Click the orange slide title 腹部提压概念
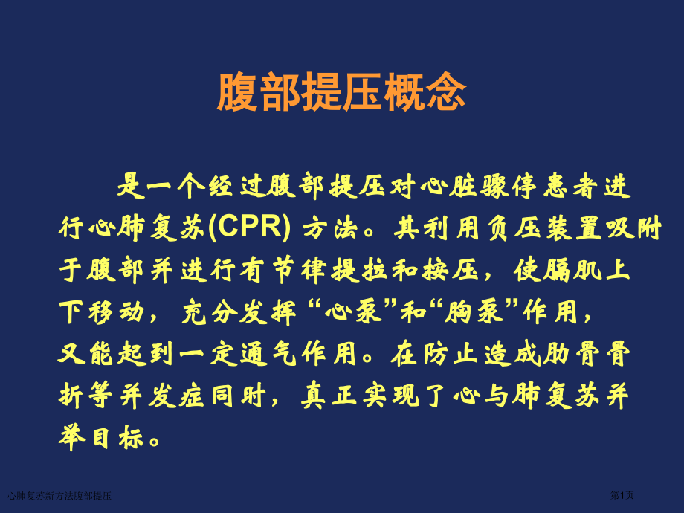341,94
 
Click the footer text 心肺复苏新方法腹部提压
59,496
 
